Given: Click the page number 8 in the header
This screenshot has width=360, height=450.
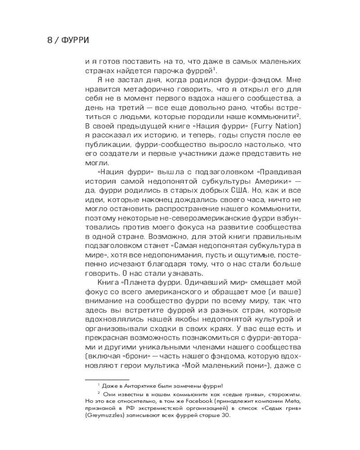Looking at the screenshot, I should point(50,40).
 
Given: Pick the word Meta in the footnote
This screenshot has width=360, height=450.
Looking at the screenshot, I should point(292,400).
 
